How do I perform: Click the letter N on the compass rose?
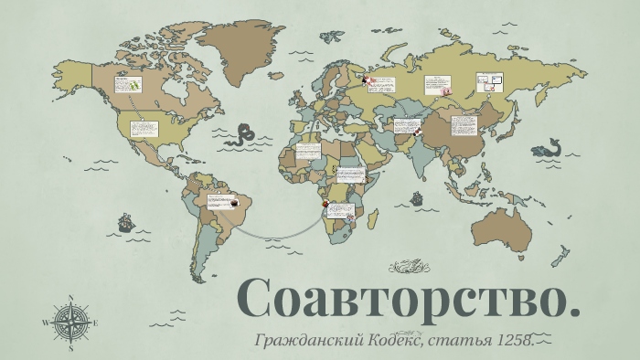coord(70,299)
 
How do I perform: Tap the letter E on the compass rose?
coord(95,323)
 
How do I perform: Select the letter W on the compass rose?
coord(46,323)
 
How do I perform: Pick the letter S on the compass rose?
coord(70,347)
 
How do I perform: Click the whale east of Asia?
coord(549,147)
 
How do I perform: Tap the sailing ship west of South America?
coord(125,222)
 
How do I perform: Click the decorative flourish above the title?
coord(409,267)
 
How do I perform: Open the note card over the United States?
coord(144,129)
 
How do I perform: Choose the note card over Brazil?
coord(219,200)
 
